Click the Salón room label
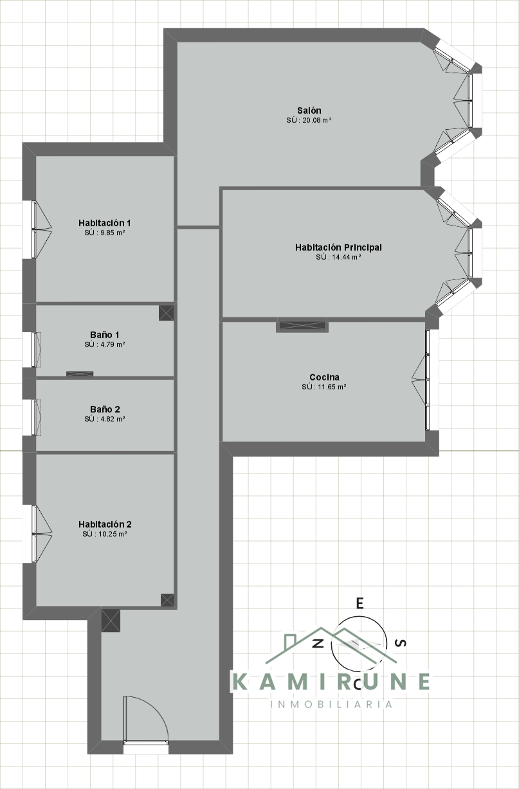coord(309,111)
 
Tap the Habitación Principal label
coord(338,247)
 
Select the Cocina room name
coord(324,377)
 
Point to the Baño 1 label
coord(104,335)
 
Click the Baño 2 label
coord(104,409)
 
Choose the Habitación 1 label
coord(104,223)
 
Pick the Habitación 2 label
coord(104,524)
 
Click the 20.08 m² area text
coord(309,120)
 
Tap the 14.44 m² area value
coord(338,257)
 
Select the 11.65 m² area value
coord(324,387)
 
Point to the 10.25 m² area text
coord(104,534)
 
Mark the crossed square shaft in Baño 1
coord(167,313)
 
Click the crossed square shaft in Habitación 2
coord(167,600)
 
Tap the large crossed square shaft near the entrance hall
coord(111,620)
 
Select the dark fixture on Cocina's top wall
coord(302,326)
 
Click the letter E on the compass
coord(360,603)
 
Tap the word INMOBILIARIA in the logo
coord(332,704)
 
